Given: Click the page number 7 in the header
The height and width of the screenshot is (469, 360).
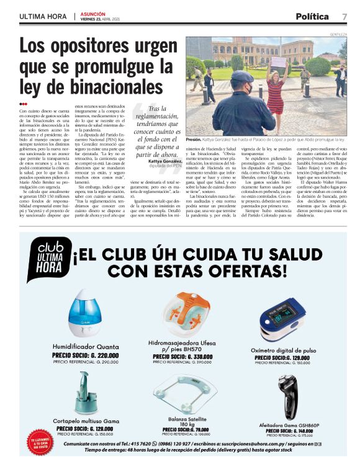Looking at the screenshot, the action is (x=344, y=17).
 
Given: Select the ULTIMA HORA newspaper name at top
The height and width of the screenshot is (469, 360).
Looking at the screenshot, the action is (x=43, y=17).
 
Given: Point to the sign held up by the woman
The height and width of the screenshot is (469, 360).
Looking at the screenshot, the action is (x=279, y=62).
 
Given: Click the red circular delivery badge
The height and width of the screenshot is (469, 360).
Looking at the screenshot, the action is (x=37, y=444).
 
